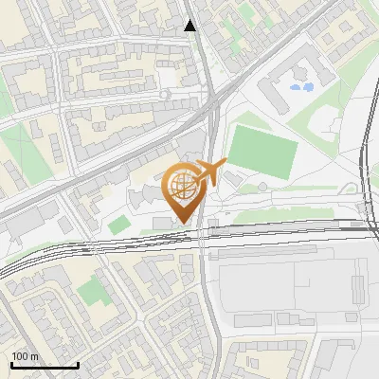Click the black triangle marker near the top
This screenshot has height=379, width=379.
(x=190, y=26)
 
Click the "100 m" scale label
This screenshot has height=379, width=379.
(x=26, y=356)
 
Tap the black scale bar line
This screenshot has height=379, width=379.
(x=45, y=366)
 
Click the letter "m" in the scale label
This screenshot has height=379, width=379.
(x=34, y=356)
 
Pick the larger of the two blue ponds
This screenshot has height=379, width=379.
(x=305, y=87)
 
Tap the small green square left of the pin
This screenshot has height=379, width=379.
(x=118, y=226)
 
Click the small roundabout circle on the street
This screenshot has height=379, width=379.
(x=165, y=95)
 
